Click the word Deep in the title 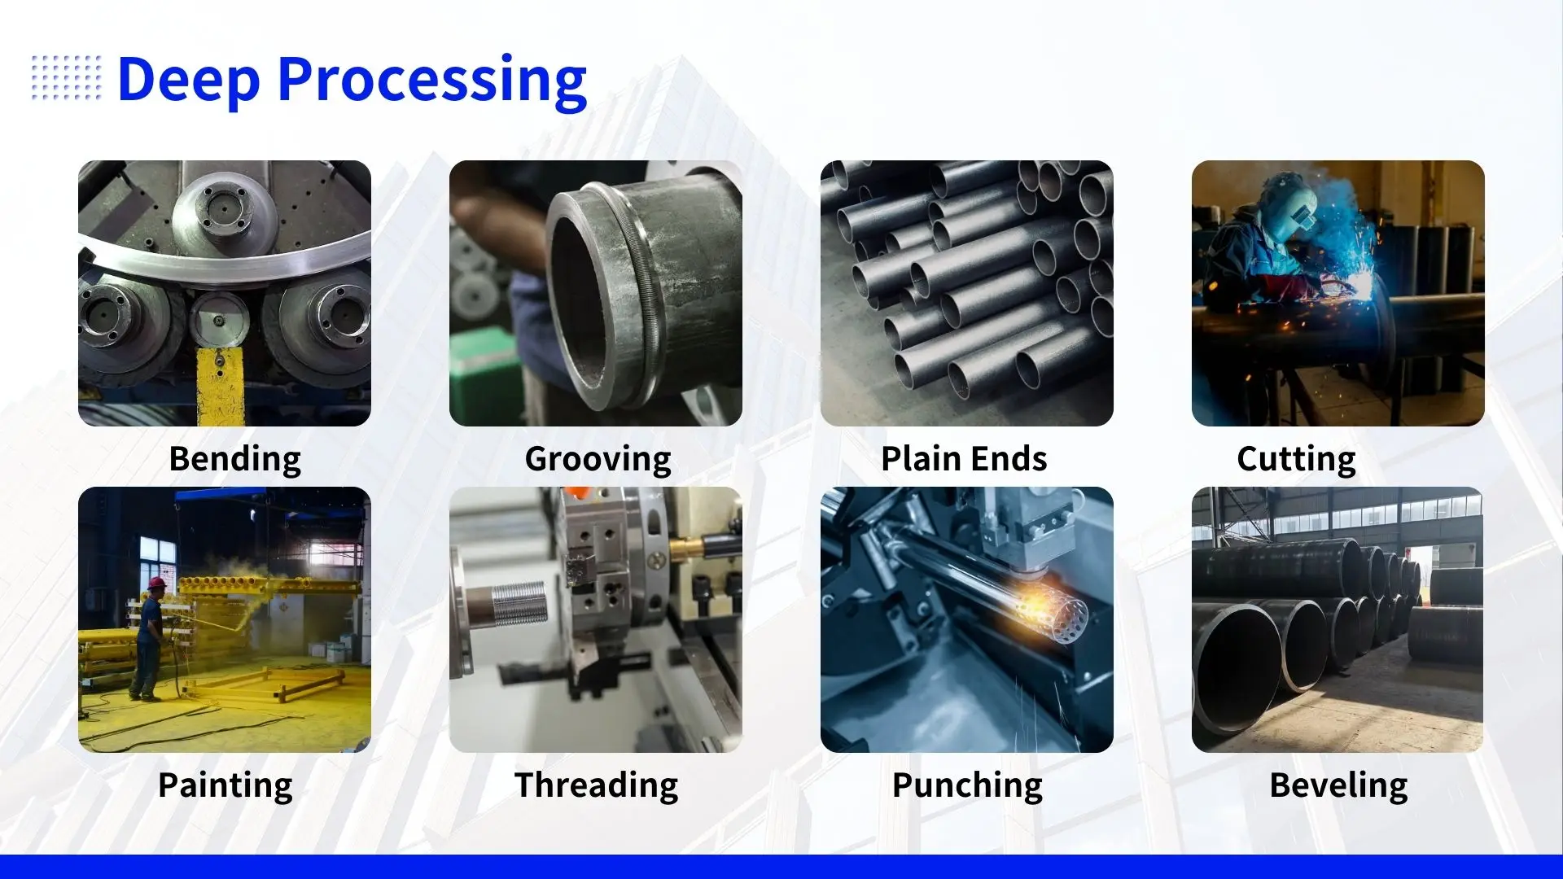pyautogui.click(x=189, y=80)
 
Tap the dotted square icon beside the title pyautogui.click(x=67, y=78)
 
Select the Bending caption pyautogui.click(x=234, y=459)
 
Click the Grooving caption pyautogui.click(x=598, y=459)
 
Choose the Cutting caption pyautogui.click(x=1296, y=459)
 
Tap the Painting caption pyautogui.click(x=225, y=785)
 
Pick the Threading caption pyautogui.click(x=597, y=785)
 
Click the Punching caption pyautogui.click(x=967, y=785)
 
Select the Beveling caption pyautogui.click(x=1338, y=785)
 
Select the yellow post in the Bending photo pyautogui.click(x=220, y=387)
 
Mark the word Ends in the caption pyautogui.click(x=1009, y=458)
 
